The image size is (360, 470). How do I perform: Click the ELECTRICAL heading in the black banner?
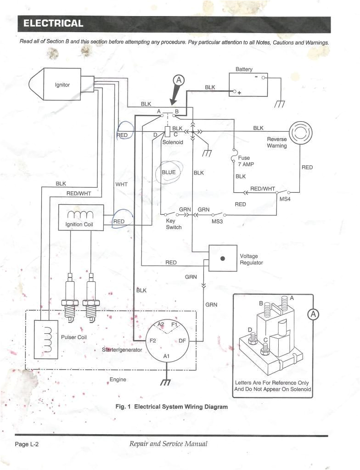pos(53,23)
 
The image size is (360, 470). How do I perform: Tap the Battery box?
pos(248,84)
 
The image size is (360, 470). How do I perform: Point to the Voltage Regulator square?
pos(223,259)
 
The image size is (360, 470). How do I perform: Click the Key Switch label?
pos(174,224)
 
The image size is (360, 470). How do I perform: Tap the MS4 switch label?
pos(285,199)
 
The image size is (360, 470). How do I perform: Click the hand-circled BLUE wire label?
pos(169,172)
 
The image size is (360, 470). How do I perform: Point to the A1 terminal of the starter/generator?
pos(166,356)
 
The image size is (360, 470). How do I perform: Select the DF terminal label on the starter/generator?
pos(182,341)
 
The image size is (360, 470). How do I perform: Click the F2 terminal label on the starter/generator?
pos(153,341)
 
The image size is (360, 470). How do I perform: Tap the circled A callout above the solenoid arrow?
pos(179,80)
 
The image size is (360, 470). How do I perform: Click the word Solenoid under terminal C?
pos(173,142)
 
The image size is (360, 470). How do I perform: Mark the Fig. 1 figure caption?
pos(171,407)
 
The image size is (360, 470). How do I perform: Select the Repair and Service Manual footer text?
pos(168,444)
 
